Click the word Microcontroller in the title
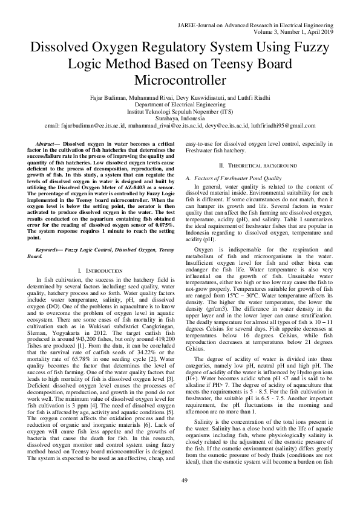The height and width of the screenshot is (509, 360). tap(180, 80)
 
